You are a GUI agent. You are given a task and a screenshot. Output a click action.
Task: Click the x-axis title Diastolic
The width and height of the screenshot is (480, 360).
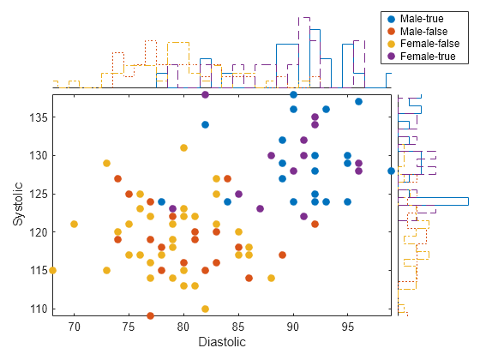(x=222, y=343)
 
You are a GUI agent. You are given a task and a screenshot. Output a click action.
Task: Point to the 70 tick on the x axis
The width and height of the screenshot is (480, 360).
(x=74, y=326)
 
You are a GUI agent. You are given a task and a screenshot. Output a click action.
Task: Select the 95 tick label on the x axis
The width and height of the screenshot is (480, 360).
(x=348, y=326)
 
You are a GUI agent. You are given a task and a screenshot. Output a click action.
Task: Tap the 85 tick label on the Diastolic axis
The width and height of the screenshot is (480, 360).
(x=238, y=326)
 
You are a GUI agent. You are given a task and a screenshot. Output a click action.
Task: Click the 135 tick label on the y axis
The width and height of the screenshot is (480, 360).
(x=38, y=117)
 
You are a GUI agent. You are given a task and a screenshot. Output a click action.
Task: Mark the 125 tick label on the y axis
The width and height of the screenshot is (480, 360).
(x=38, y=194)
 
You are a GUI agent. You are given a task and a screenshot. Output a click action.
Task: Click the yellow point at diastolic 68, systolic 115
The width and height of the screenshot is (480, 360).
(x=52, y=270)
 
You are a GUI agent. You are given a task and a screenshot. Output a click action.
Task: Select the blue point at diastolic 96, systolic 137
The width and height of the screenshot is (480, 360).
(x=359, y=101)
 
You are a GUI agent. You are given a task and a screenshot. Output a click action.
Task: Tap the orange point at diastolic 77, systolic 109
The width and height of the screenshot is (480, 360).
(x=151, y=316)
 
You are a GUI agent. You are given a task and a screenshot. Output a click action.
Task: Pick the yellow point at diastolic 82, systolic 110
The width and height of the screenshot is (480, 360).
(x=206, y=309)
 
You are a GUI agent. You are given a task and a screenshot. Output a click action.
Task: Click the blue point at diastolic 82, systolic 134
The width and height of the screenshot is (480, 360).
(x=206, y=124)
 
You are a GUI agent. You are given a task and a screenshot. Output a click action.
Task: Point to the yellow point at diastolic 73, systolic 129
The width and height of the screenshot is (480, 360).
(x=107, y=163)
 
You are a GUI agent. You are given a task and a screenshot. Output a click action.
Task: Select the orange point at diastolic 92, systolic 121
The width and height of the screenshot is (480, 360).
(x=315, y=224)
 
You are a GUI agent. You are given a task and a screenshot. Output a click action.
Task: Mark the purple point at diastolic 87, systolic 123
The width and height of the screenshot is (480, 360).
(x=261, y=208)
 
